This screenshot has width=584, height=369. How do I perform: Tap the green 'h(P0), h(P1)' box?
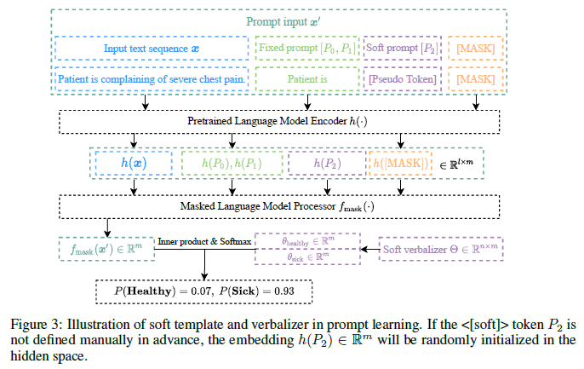(231, 162)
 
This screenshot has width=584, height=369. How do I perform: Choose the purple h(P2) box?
(327, 162)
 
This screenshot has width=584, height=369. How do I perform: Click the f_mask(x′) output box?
(107, 248)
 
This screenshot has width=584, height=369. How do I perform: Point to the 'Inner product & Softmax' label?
(204, 242)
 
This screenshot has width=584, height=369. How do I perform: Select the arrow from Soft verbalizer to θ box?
(369, 249)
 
